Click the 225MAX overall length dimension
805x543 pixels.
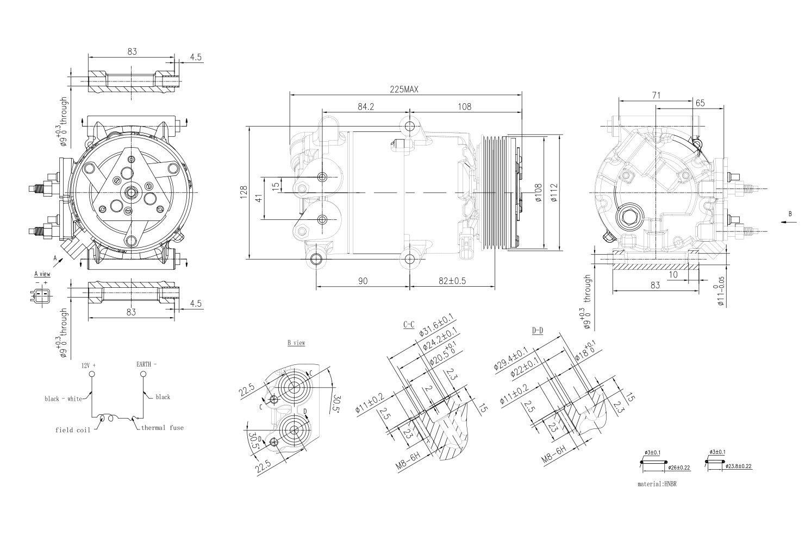(x=404, y=89)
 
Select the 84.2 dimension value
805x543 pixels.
(x=366, y=107)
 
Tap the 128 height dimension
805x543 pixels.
(x=244, y=191)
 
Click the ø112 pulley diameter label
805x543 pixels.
(x=553, y=192)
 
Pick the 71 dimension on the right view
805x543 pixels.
(x=656, y=96)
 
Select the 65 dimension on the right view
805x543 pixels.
(x=700, y=103)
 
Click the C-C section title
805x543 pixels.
(x=409, y=325)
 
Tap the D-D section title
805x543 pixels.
(x=537, y=330)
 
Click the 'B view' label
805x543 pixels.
(x=296, y=343)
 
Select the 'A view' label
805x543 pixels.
(x=42, y=274)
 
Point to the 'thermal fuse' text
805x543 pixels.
(x=163, y=427)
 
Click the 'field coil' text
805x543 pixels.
(x=72, y=430)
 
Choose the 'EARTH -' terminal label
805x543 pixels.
(x=146, y=364)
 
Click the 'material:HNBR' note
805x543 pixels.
(x=657, y=483)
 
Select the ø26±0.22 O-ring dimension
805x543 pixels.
(x=679, y=468)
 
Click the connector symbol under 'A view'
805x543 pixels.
(x=41, y=296)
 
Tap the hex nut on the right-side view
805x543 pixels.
(x=632, y=217)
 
